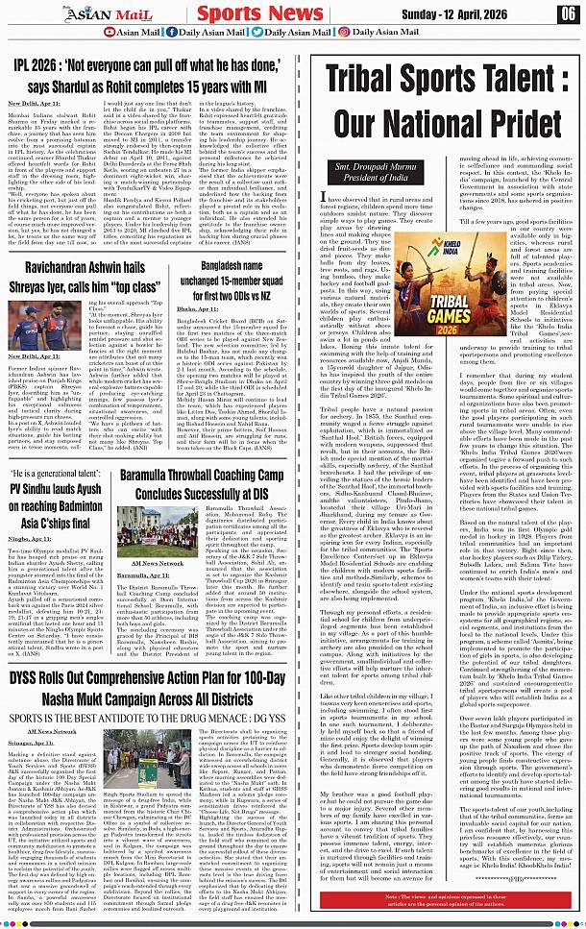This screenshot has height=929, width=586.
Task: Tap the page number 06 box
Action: point(568,13)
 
